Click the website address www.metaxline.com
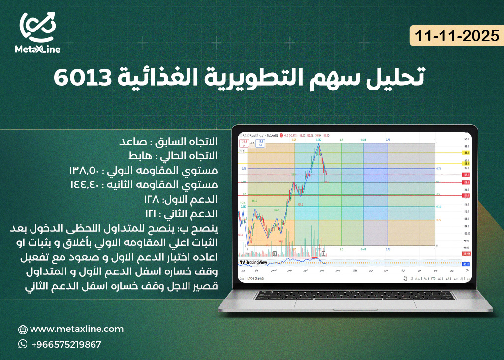click(77, 329)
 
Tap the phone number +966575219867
click(66, 344)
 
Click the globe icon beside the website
click(23, 330)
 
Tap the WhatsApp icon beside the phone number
click(23, 344)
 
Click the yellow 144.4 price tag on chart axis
click(466, 153)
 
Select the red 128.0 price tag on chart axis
click(466, 182)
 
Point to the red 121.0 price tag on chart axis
click(466, 195)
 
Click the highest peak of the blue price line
click(319, 144)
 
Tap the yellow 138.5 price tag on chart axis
click(466, 163)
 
